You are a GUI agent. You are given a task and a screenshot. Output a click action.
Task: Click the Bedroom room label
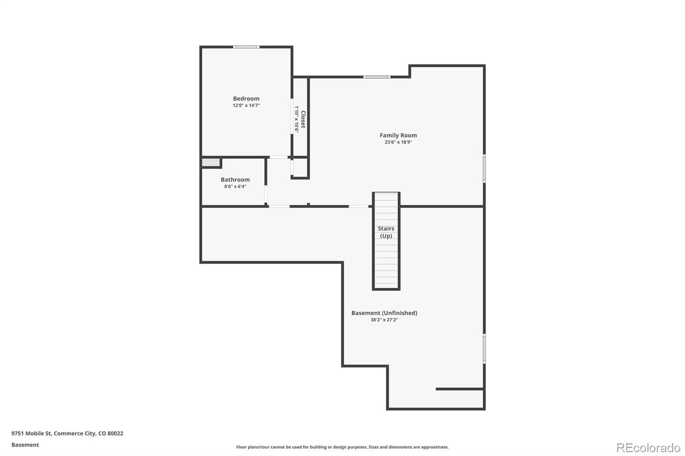click(246, 98)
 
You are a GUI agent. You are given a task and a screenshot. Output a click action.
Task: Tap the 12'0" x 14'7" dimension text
click(246, 105)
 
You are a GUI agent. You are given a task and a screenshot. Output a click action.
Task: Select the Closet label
click(303, 119)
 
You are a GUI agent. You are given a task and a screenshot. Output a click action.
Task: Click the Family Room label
click(398, 135)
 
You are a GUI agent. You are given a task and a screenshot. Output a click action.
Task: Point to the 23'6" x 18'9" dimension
click(398, 142)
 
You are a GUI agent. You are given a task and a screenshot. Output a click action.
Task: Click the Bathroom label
click(235, 180)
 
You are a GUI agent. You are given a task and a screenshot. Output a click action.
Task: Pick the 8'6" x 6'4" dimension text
click(235, 187)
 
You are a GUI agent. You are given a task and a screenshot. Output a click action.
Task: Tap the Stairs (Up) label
click(386, 232)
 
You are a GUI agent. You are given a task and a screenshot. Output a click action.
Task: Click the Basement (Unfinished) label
click(384, 313)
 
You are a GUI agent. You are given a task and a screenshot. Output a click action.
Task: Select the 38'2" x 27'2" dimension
click(384, 320)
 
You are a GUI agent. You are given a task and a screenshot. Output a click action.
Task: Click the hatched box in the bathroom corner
click(211, 163)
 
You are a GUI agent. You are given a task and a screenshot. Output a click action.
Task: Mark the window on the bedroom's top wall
click(246, 47)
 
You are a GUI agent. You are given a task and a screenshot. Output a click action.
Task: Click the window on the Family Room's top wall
click(377, 77)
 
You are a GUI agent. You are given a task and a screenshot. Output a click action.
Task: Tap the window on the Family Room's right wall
click(484, 169)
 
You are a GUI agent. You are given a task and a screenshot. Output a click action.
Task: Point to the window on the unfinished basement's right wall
click(484, 348)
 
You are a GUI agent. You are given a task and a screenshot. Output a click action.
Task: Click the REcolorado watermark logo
click(648, 447)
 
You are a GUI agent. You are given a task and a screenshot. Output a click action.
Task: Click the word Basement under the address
click(25, 445)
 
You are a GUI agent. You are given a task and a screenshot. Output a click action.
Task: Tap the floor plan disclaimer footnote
click(342, 447)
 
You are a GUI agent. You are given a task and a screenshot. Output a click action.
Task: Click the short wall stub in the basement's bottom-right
click(459, 389)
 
